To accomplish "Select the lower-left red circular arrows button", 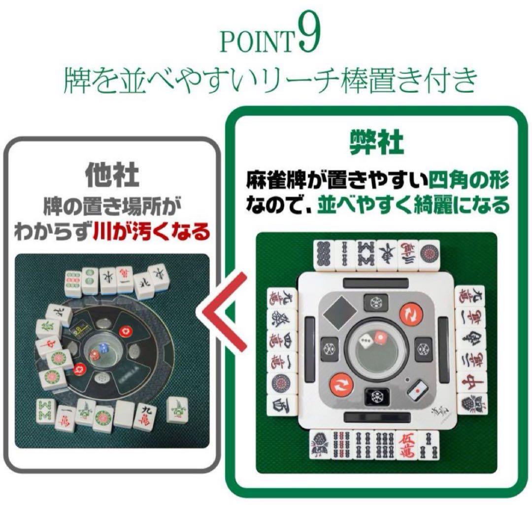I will coord(340,384).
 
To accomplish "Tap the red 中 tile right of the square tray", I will coord(465,381).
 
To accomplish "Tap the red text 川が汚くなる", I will coord(151,232).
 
